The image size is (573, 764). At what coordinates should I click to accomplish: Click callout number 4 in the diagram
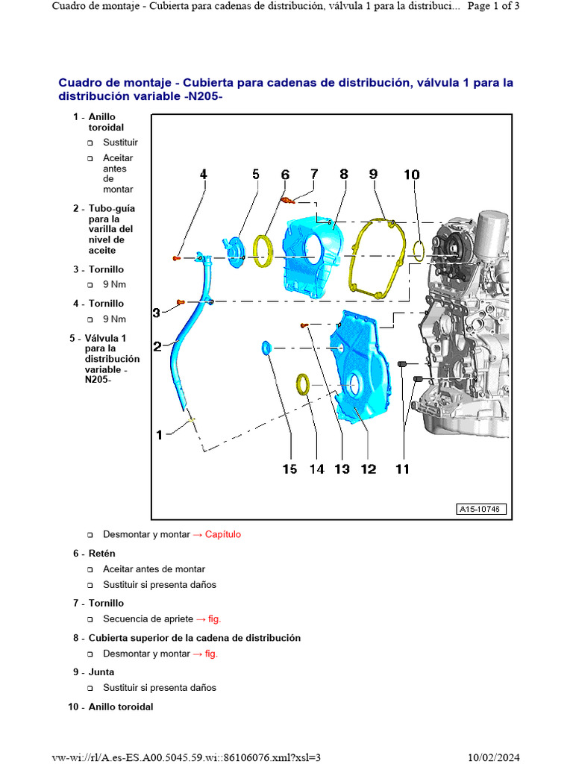click(x=203, y=174)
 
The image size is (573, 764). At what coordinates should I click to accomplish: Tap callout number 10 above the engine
click(x=412, y=175)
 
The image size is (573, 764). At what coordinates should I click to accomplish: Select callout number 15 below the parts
click(x=289, y=469)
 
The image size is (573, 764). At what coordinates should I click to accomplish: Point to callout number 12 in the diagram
click(x=369, y=469)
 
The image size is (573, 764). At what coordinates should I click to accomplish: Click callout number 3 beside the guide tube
click(x=156, y=313)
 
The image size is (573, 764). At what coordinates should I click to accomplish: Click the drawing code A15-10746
click(x=481, y=509)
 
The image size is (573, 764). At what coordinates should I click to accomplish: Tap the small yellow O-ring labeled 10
click(x=419, y=251)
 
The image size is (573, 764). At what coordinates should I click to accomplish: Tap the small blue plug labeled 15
click(x=266, y=348)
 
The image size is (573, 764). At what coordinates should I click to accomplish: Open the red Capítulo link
click(x=222, y=534)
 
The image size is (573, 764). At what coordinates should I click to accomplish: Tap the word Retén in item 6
click(x=101, y=554)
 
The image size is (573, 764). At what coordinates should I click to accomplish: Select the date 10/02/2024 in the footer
click(x=494, y=757)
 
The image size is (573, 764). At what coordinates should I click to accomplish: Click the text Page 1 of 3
click(x=493, y=6)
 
